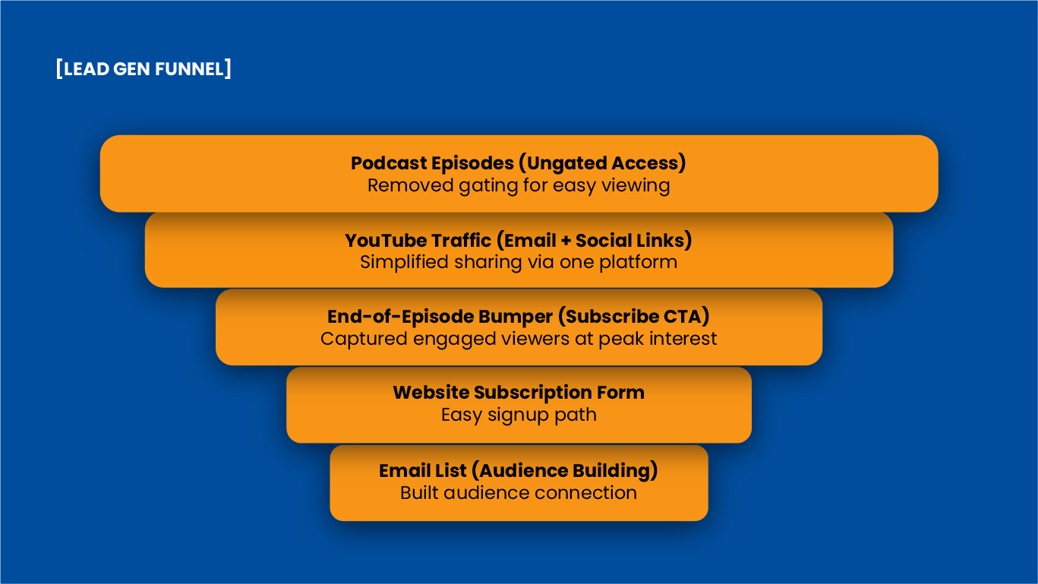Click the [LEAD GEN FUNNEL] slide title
coord(144,69)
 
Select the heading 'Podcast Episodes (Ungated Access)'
coord(519,163)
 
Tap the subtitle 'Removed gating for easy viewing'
coord(519,185)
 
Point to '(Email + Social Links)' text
coord(594,241)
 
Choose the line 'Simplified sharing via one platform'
coord(519,262)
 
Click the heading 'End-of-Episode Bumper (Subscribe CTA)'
coord(519,317)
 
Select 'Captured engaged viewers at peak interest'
coord(519,339)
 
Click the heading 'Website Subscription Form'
coord(519,393)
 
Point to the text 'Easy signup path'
coord(519,415)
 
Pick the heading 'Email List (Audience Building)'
coord(519,471)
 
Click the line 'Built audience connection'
coord(519,493)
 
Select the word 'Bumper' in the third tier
coord(516,317)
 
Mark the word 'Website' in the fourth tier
coord(431,393)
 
